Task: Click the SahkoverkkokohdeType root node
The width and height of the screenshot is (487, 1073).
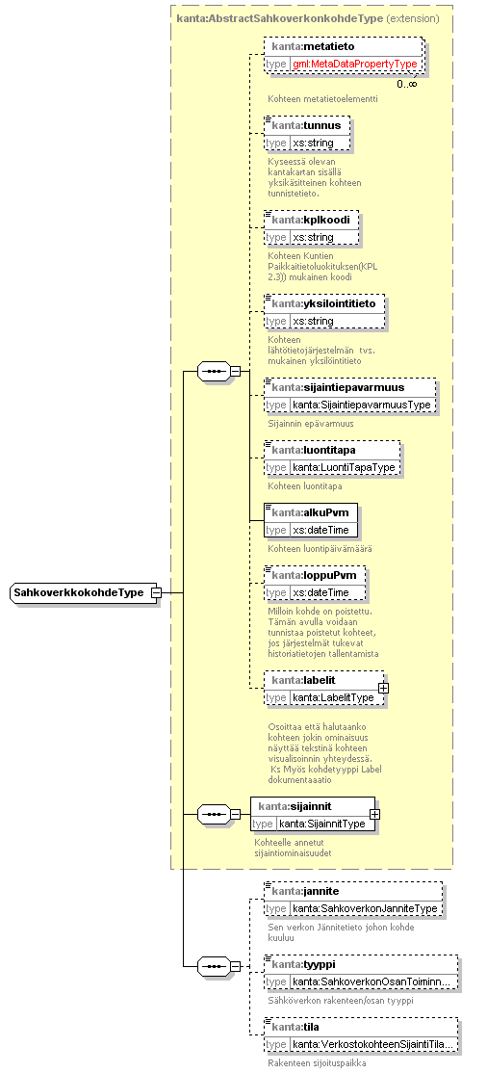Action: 82,592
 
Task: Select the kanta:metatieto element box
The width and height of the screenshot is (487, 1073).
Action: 344,55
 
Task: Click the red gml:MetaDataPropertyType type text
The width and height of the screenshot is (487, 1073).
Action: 354,64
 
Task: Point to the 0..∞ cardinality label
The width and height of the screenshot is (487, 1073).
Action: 407,84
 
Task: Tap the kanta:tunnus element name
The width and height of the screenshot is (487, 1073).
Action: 306,125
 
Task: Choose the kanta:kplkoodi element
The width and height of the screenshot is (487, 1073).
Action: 311,228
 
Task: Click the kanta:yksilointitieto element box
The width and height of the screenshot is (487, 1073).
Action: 324,312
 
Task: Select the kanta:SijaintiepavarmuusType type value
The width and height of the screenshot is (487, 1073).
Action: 361,405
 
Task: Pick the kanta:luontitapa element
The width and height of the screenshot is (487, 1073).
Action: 332,458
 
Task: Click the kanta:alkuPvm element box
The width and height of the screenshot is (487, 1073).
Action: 311,521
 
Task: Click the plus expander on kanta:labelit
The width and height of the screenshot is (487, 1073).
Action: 384,688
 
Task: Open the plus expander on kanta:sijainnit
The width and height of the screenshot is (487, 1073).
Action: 374,814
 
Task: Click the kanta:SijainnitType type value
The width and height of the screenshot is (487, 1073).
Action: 322,824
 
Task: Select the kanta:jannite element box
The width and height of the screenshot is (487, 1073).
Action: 353,900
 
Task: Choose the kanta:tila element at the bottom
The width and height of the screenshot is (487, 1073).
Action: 361,1035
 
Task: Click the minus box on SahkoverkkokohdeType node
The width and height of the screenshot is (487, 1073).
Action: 156,592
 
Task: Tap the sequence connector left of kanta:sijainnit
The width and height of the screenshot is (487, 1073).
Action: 216,814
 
